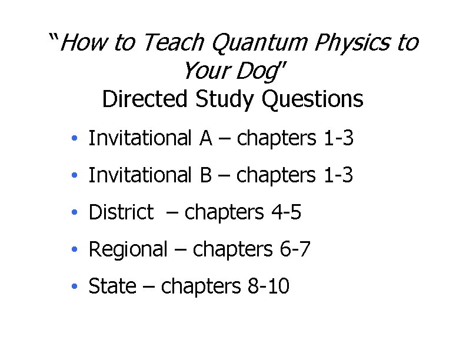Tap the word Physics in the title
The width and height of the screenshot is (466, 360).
(x=356, y=42)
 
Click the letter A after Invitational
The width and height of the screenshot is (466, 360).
(x=205, y=138)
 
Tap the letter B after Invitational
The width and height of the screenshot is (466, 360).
(x=205, y=175)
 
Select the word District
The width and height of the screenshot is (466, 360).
(x=121, y=212)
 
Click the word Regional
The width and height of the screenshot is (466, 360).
(x=128, y=249)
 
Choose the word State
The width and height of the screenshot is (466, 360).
(x=112, y=286)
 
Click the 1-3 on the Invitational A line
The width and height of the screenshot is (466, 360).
(x=338, y=138)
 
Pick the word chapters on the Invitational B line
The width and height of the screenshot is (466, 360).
(x=277, y=175)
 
